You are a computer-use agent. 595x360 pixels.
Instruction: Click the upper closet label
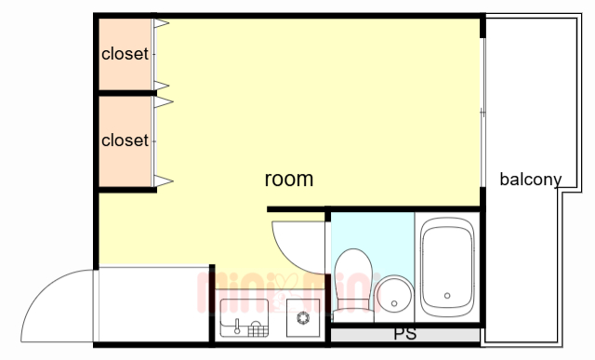click(x=125, y=54)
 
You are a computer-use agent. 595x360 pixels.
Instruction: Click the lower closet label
click(x=125, y=140)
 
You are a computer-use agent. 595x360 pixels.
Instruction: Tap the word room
click(x=289, y=179)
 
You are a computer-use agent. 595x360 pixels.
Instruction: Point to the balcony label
click(x=531, y=180)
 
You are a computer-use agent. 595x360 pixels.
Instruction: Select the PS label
click(x=405, y=334)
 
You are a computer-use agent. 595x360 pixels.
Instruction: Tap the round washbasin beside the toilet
click(x=394, y=294)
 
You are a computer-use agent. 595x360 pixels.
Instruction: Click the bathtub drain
click(x=447, y=296)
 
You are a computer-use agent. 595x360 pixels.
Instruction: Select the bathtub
click(x=447, y=267)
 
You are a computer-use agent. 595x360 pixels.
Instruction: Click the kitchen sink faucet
click(x=238, y=327)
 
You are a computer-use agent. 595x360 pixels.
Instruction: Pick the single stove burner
click(x=303, y=318)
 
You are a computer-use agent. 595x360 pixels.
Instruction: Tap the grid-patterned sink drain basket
click(x=258, y=329)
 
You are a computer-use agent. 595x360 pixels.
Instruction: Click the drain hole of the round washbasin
click(x=394, y=303)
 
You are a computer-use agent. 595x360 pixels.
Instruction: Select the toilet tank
click(x=353, y=315)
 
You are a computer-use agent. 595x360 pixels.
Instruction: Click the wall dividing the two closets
click(x=127, y=93)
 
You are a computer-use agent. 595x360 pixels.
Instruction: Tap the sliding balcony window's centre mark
click(x=483, y=113)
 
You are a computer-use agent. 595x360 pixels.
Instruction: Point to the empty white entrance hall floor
click(x=153, y=304)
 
